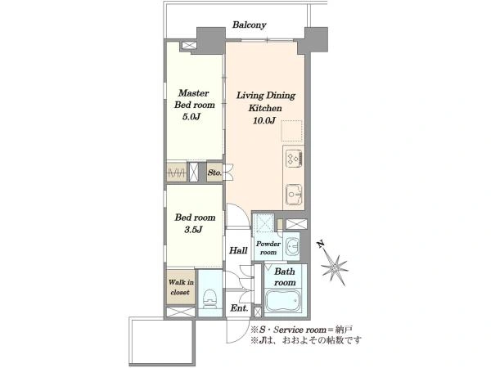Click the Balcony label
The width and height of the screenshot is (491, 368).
250,25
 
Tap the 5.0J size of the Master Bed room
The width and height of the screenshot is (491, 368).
191,117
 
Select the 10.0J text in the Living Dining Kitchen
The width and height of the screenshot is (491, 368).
264,120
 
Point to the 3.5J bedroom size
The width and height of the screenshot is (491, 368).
193,230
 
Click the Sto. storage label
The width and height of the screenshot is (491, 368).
214,173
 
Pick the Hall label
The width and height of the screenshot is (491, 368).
238,250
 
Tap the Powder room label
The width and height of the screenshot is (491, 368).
268,248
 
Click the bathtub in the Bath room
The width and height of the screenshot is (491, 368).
284,301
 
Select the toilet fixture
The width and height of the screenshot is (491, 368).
209,298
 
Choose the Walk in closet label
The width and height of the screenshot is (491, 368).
181,287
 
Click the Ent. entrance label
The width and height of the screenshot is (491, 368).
239,308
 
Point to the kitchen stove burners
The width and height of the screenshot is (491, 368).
294,157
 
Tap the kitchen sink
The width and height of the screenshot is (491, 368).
294,195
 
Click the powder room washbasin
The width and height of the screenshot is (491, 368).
292,246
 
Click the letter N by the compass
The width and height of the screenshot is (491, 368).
320,245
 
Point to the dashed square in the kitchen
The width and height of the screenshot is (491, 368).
292,130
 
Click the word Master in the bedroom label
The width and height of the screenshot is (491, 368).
193,93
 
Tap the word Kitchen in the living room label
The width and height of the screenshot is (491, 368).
265,108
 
